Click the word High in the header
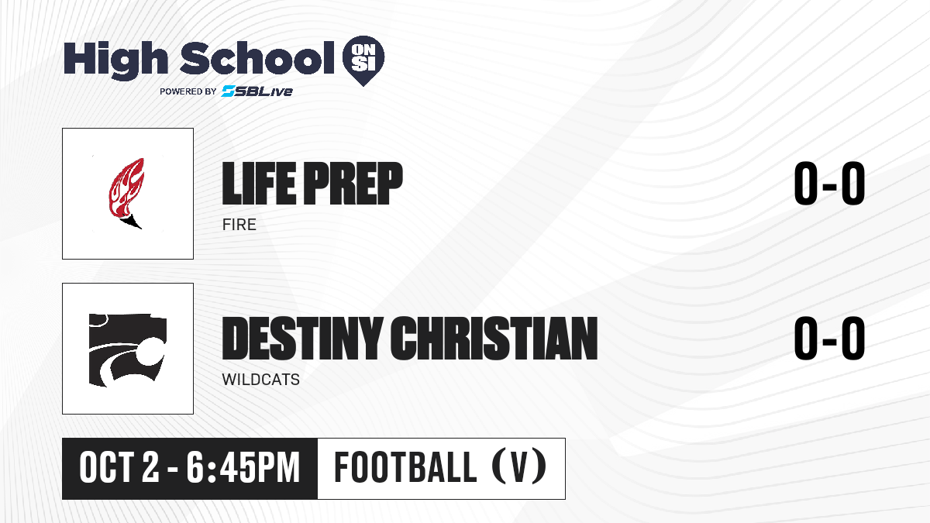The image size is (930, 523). coord(115,60)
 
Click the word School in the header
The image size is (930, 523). coord(257,58)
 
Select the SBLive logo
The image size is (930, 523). coord(257,91)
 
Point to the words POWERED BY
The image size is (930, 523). coord(188,91)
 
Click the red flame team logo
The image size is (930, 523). coord(127,193)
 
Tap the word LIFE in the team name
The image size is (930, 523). coord(259,183)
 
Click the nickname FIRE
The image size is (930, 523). coord(239,225)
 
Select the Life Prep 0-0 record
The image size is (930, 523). coord(829,183)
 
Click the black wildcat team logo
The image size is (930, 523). coord(128,350)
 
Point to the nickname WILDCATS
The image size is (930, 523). coord(260,380)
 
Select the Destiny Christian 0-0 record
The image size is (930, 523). coord(829,338)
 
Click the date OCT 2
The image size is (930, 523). coord(119,468)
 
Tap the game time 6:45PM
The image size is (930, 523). coord(243,468)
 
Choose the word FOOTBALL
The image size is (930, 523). coord(405,468)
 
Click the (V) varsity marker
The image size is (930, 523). coord(519,467)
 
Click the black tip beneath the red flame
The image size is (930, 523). coord(132,222)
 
